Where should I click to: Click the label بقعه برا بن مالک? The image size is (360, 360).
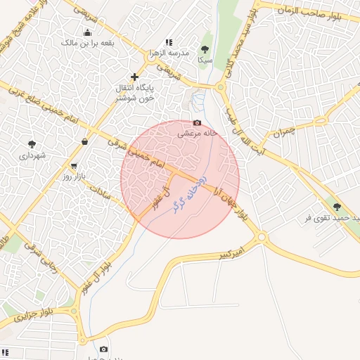pos(88,43)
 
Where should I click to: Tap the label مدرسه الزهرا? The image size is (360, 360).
pos(168,53)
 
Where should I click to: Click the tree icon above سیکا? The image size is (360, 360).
pos(205,49)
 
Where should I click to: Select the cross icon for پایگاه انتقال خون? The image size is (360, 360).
pos(134,76)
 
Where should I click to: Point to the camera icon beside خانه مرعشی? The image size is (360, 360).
pos(197,123)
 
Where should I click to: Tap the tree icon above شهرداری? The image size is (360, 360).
pos(32,144)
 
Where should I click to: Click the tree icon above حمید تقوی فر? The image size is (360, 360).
pos(337,207)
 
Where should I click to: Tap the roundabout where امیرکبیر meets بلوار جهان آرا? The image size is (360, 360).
pos(262,238)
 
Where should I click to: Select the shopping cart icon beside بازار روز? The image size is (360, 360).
pos(74,167)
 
